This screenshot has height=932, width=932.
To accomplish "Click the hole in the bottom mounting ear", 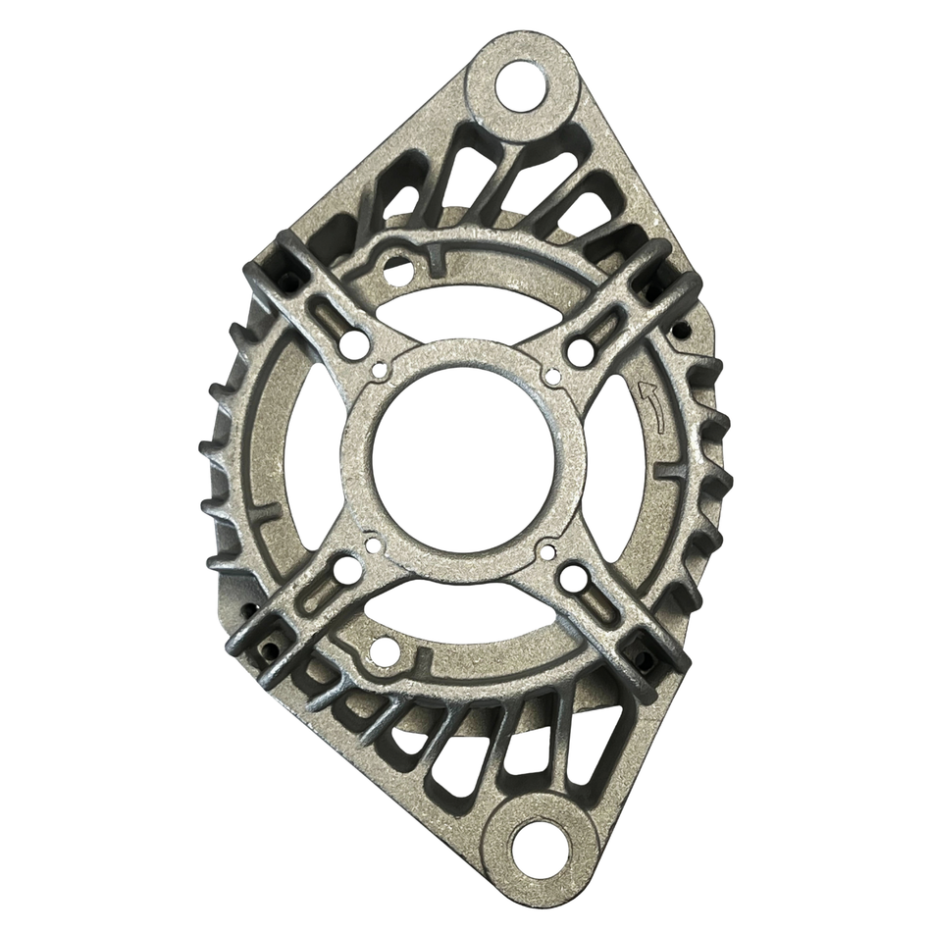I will [x=534, y=843].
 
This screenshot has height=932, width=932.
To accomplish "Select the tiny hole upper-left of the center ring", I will [x=380, y=371].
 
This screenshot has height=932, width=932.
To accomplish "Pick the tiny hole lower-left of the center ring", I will [x=372, y=543].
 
